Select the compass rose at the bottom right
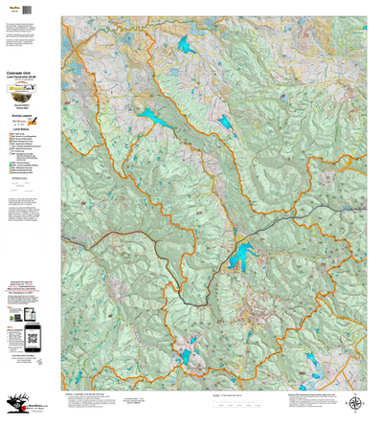(356, 403)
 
